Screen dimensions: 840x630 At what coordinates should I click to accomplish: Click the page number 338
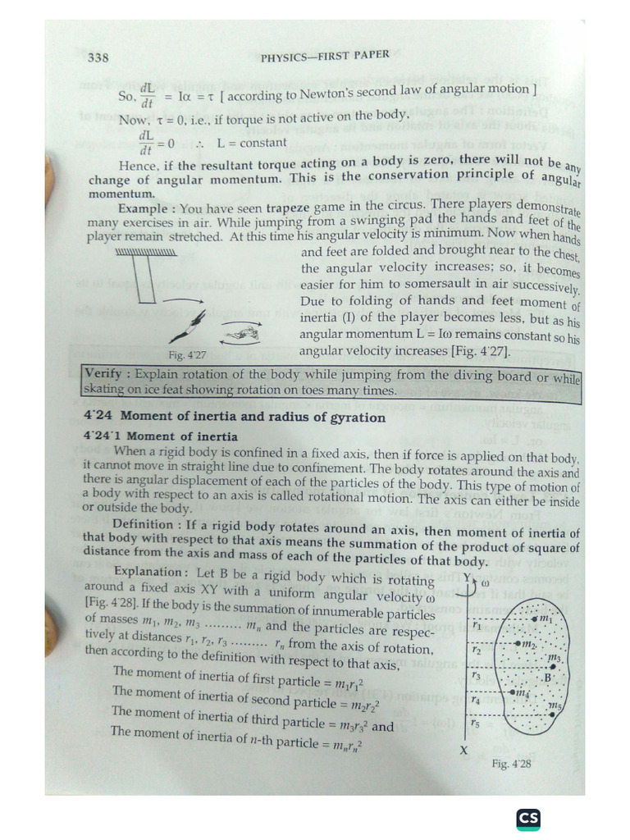tap(98, 58)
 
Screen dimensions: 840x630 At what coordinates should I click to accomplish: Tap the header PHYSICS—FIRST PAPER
tap(325, 57)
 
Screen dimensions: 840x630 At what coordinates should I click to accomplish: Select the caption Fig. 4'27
tap(188, 355)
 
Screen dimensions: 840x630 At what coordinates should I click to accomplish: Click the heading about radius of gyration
tap(235, 418)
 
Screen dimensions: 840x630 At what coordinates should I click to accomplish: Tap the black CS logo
tap(528, 819)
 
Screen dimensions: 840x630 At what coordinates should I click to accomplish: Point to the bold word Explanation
tap(147, 572)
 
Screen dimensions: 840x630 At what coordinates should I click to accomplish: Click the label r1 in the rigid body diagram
tap(477, 625)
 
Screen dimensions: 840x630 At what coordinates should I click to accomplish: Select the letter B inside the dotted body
tap(549, 678)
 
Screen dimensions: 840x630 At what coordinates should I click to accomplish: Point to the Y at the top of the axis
tap(467, 578)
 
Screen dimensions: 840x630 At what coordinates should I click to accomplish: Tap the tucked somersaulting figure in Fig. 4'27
tap(239, 334)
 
